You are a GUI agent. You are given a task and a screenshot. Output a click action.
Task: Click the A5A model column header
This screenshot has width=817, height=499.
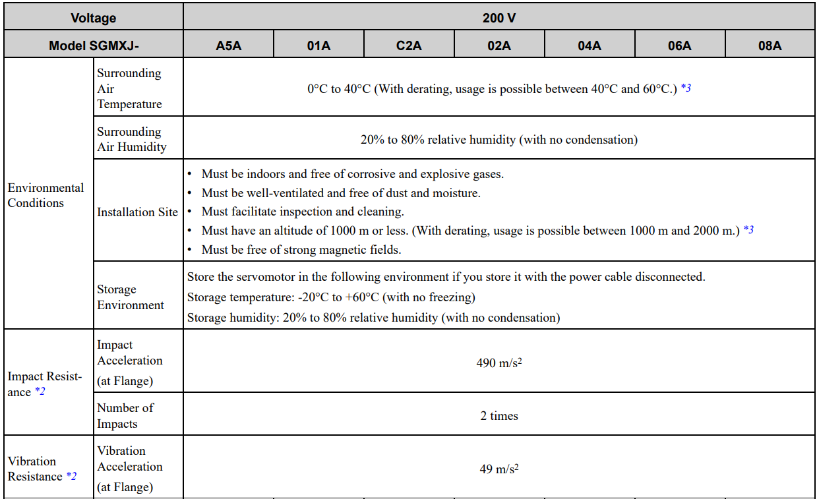[x=228, y=45]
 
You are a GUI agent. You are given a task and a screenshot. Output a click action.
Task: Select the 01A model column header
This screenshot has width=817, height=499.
[x=318, y=45]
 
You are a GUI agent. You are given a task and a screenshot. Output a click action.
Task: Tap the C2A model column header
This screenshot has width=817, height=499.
[x=409, y=45]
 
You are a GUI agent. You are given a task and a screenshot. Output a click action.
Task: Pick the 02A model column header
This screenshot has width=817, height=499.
[x=499, y=45]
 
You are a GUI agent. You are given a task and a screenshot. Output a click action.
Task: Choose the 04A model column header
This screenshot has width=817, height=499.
[x=590, y=45]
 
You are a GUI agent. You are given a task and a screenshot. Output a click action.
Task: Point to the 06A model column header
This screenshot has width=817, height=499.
[x=680, y=45]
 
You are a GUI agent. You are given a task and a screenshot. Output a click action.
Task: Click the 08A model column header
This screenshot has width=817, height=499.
[x=770, y=45]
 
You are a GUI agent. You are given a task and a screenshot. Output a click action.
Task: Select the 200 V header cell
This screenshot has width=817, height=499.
[x=499, y=18]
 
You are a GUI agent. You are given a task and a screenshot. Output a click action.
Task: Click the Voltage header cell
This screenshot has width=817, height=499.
[x=94, y=18]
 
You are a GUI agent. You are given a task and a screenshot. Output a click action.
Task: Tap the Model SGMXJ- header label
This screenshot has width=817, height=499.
[x=94, y=45]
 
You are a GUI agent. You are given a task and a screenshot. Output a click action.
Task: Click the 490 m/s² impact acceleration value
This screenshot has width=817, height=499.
[x=499, y=363]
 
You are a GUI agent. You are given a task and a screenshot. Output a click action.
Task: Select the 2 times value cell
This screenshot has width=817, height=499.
[x=499, y=416]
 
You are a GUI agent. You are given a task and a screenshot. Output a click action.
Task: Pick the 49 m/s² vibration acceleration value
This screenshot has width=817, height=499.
[x=499, y=469]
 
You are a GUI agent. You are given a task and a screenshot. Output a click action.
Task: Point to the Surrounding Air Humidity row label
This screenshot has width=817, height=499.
[x=132, y=139]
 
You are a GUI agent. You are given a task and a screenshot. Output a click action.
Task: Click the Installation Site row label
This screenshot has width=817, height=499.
[x=137, y=212]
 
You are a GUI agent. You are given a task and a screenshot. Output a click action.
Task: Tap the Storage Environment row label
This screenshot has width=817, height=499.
[x=131, y=297]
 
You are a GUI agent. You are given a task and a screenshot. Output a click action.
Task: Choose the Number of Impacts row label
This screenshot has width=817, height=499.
[x=125, y=415]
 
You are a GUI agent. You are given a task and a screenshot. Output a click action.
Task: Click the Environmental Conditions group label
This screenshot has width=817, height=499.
[x=45, y=195]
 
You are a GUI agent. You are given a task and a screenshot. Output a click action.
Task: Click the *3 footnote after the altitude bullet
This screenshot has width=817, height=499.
[x=748, y=231]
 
